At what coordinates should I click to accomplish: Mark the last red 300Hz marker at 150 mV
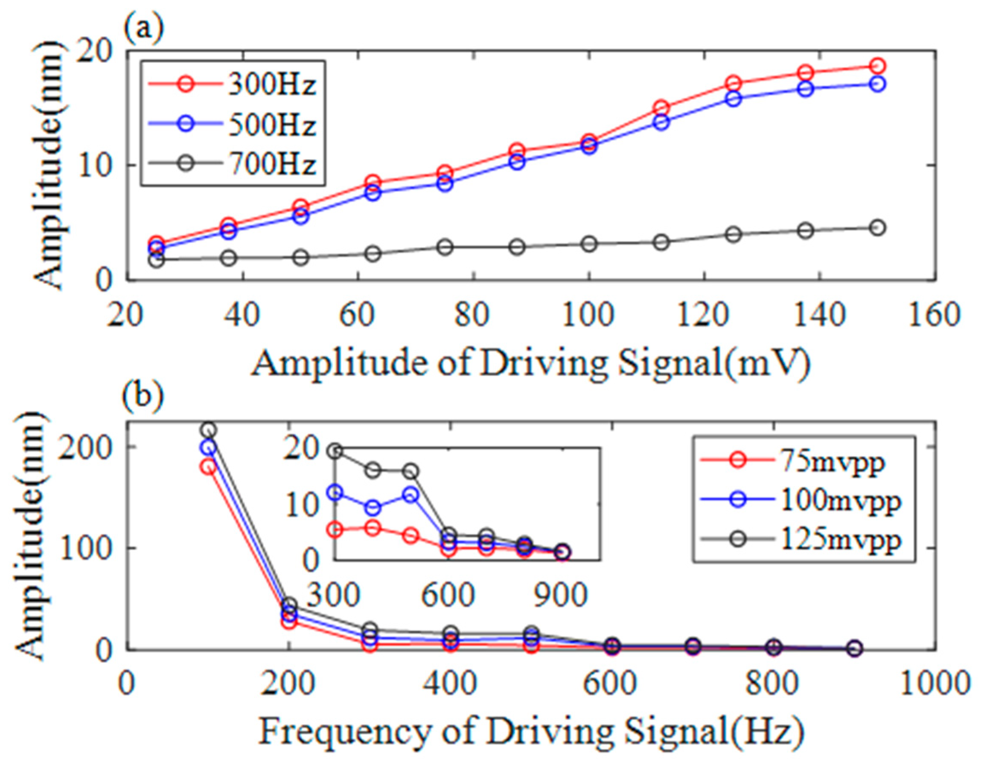(x=877, y=66)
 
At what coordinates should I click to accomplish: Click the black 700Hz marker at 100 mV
(x=589, y=244)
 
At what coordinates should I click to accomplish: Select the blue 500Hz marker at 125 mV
(x=734, y=99)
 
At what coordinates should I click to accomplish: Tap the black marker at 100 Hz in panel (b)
(x=208, y=430)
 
